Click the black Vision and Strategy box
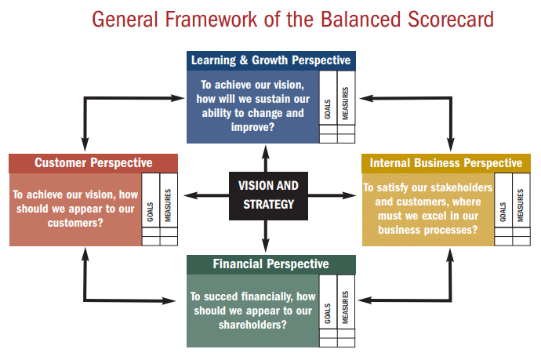pyautogui.click(x=268, y=196)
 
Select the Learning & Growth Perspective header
pyautogui.click(x=271, y=60)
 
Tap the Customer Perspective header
pyautogui.click(x=93, y=163)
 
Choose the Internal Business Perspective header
pyautogui.click(x=446, y=163)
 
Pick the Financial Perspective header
pyautogui.click(x=271, y=264)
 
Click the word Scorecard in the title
pyautogui.click(x=451, y=20)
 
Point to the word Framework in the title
pyautogui.click(x=211, y=20)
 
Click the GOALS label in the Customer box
pyautogui.click(x=150, y=212)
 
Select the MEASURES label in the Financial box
pyautogui.click(x=345, y=307)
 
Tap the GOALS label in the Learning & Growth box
pyautogui.click(x=328, y=110)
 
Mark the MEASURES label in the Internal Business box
pyautogui.click(x=521, y=205)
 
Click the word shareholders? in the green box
pyautogui.click(x=252, y=325)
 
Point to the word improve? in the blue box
pyautogui.click(x=252, y=127)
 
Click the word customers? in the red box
pyautogui.click(x=75, y=223)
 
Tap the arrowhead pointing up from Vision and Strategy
pyautogui.click(x=266, y=152)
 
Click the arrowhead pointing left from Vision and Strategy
pyautogui.click(x=191, y=196)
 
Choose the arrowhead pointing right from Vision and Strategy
pyautogui.click(x=349, y=196)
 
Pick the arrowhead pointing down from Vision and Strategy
pyautogui.click(x=266, y=245)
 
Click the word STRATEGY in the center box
pyautogui.click(x=269, y=205)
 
